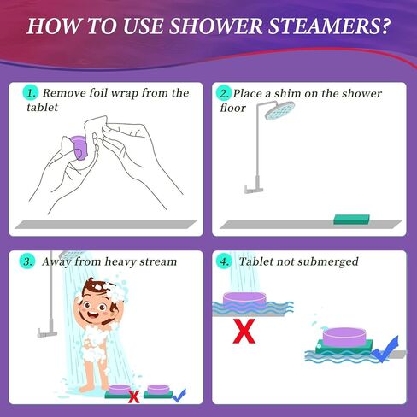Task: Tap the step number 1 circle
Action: tap(30, 92)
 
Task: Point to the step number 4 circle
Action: tap(226, 261)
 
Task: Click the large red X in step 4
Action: tap(244, 332)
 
